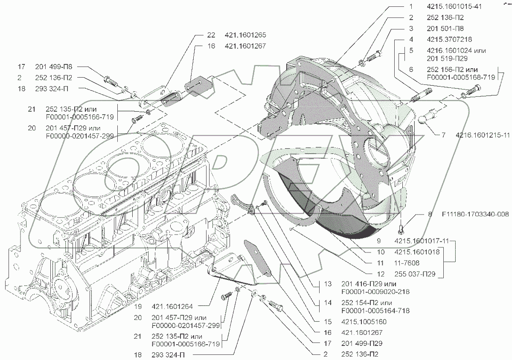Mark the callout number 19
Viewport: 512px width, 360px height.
137,306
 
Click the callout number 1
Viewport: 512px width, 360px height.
411,7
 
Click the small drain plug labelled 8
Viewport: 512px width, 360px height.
402,229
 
